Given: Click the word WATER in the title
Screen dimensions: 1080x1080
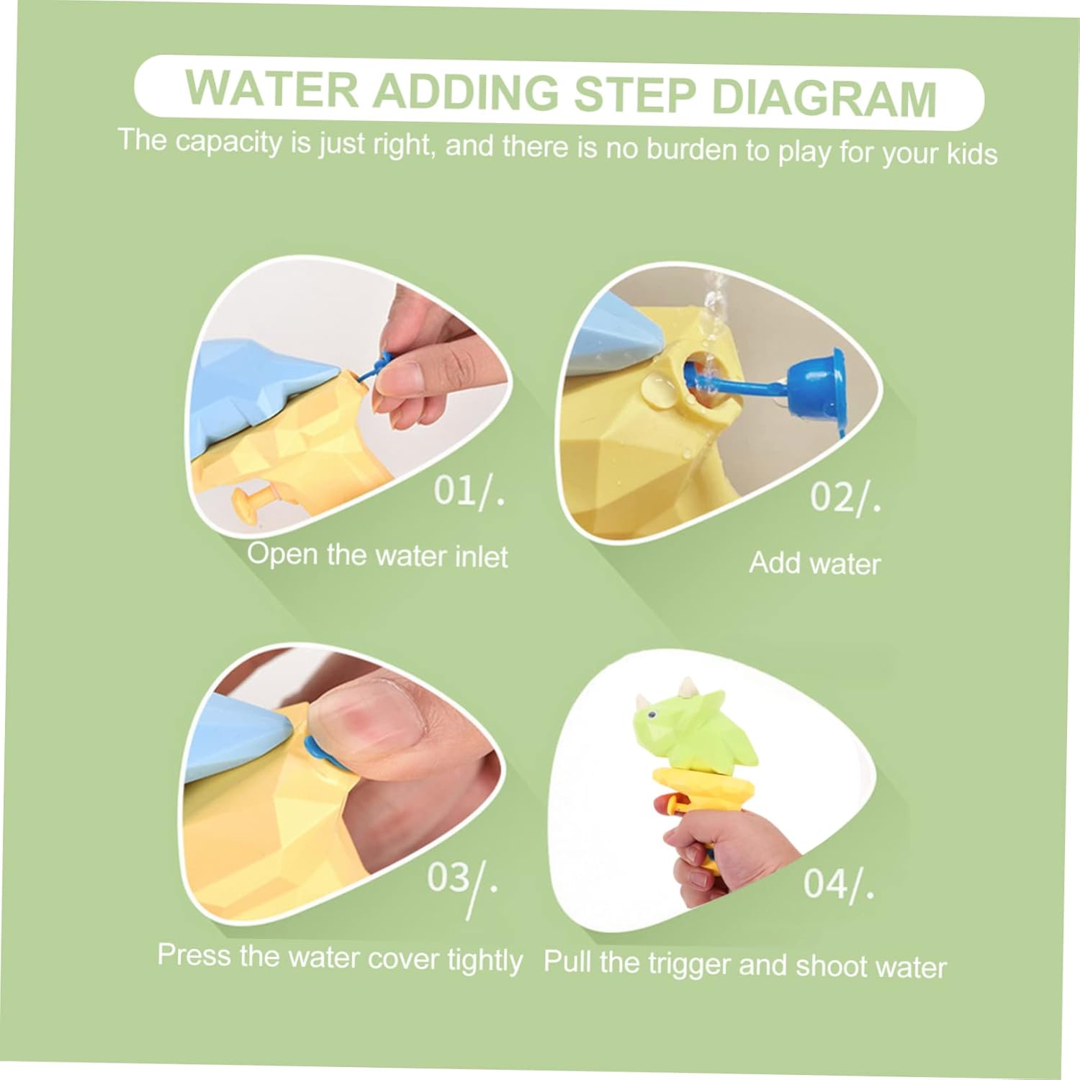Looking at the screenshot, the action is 271,89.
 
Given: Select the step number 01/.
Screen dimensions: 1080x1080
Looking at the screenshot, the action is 469,492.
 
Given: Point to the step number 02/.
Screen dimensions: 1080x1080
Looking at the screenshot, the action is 845,497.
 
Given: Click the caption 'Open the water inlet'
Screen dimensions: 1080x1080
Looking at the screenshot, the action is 377,555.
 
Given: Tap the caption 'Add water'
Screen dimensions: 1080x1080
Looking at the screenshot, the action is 815,562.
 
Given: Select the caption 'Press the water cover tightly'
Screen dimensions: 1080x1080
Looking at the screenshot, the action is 340,958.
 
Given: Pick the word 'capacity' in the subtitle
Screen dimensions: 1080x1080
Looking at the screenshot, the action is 229,143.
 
